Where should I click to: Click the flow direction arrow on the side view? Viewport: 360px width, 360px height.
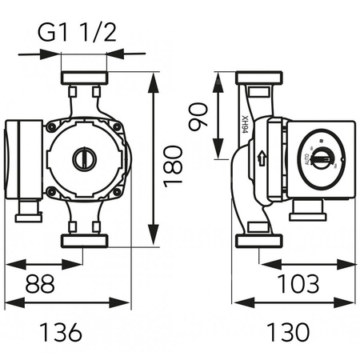click(262, 157)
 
